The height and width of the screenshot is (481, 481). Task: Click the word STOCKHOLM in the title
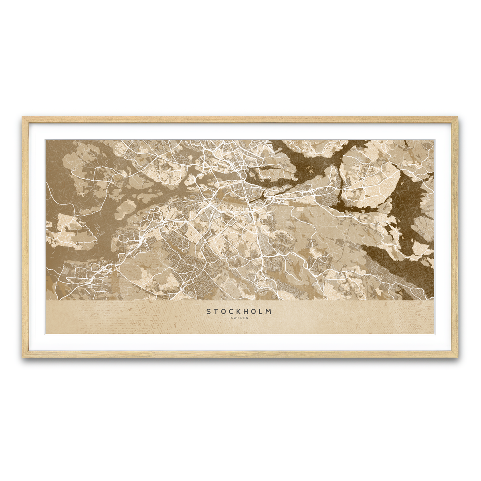point(239,311)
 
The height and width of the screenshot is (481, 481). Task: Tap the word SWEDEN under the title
point(240,318)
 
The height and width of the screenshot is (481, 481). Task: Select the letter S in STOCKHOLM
point(208,311)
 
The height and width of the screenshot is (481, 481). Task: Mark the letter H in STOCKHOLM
point(247,311)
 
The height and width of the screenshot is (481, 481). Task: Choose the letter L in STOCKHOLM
point(262,311)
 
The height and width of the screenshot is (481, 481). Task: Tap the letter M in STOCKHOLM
point(270,311)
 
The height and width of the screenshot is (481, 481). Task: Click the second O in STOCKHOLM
point(255,311)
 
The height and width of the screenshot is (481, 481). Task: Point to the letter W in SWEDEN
point(235,318)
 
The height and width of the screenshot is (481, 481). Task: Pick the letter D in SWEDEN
point(242,318)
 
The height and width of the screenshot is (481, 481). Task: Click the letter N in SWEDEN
point(248,318)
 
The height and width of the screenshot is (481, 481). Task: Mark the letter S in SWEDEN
point(232,318)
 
